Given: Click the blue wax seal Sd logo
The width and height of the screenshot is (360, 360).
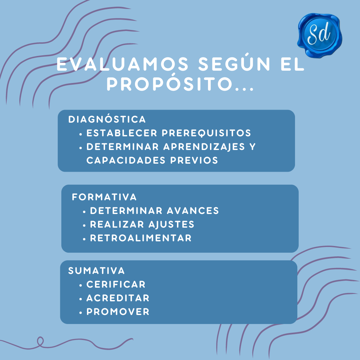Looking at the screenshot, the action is (x=320, y=35).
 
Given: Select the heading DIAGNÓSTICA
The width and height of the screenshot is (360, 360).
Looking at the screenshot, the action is (x=107, y=119).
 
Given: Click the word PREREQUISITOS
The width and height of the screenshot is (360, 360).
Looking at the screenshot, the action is (x=206, y=133).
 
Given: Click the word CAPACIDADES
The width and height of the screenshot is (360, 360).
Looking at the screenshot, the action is (x=126, y=160).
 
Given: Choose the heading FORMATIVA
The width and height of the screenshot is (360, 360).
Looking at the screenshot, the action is (x=104, y=197).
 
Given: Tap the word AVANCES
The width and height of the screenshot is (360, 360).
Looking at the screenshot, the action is (x=193, y=211).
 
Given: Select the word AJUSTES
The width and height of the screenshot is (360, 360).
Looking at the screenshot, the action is (x=172, y=225).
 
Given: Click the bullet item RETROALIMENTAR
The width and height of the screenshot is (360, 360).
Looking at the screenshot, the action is (x=141, y=238).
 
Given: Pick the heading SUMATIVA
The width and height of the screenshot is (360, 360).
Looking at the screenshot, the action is (x=96, y=270).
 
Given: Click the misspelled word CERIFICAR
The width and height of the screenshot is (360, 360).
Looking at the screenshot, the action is (x=116, y=284).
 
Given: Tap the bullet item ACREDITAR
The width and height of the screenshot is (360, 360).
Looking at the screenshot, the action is (x=118, y=298).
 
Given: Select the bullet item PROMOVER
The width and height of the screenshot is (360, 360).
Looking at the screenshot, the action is (x=118, y=312).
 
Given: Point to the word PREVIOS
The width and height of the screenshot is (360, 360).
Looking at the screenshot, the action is (x=194, y=160).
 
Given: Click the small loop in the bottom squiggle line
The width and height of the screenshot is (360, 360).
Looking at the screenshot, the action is (x=40, y=341).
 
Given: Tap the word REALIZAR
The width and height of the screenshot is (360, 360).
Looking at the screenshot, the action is (x=117, y=224).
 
